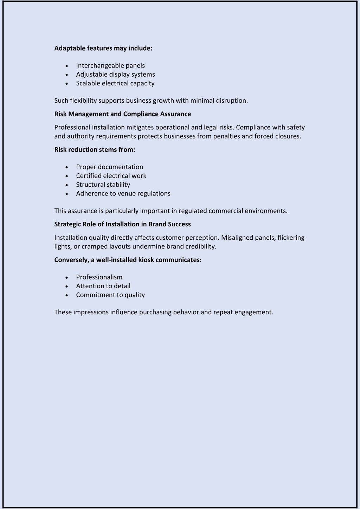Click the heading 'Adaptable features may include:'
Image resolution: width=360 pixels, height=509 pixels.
tap(103, 48)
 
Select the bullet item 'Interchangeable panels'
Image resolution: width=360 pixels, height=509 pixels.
tap(110, 66)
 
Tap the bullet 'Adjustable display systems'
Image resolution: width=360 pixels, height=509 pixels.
tap(115, 75)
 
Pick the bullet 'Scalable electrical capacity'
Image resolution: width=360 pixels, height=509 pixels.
tap(115, 83)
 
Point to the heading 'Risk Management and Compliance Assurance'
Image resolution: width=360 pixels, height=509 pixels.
tap(122, 114)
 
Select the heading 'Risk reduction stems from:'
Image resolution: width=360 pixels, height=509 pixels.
tap(95, 150)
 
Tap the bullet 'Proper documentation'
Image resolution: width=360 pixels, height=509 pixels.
tap(109, 167)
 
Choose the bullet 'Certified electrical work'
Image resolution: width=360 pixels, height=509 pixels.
tap(111, 176)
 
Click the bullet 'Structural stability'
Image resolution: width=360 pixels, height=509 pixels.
tap(103, 185)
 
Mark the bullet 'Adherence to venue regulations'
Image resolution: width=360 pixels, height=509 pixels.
tap(123, 194)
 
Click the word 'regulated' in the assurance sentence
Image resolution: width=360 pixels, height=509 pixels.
tap(193, 211)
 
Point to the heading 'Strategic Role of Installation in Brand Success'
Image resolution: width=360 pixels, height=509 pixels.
tap(122, 224)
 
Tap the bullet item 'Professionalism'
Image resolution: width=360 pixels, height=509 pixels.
tap(99, 277)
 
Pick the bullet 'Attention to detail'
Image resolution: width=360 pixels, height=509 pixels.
tap(103, 286)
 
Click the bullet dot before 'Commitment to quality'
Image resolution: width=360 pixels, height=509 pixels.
tap(67, 295)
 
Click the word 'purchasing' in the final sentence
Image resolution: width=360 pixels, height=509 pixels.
tap(155, 312)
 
